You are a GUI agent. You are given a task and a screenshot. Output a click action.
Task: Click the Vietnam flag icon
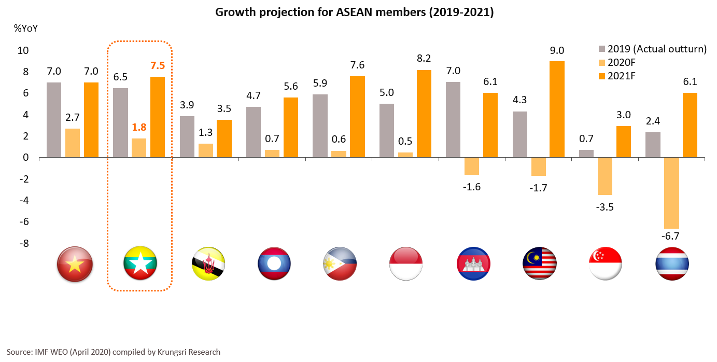pos(75,264)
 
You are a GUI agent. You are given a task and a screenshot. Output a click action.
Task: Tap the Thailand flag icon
pos(672,264)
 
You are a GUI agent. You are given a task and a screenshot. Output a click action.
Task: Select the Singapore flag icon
pos(606,264)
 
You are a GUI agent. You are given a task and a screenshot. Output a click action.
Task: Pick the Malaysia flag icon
pos(539,264)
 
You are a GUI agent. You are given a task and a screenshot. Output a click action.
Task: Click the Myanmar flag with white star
pos(140,264)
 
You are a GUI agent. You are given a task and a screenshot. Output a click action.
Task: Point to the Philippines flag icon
pos(340,264)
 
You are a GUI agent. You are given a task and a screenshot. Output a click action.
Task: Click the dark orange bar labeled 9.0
pos(557,109)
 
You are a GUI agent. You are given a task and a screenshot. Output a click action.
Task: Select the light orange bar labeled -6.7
pos(671,193)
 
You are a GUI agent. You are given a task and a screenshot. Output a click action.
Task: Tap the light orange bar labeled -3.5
pos(605,176)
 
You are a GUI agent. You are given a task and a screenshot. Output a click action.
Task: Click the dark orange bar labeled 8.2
pos(424,114)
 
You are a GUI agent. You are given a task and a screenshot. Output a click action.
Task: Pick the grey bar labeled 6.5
pos(121,122)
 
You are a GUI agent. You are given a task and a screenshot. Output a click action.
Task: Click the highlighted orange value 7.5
pos(158,66)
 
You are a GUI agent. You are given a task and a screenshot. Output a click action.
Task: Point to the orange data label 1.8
pos(139,127)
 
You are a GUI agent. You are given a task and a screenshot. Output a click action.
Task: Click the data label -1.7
pos(538,187)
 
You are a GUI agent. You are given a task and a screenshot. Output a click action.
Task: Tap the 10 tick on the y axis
pos(24,51)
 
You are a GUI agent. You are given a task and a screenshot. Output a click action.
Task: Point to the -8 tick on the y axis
pos(24,243)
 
